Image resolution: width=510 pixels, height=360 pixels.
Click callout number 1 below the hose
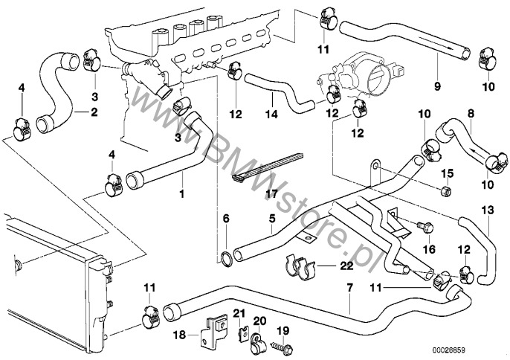180,194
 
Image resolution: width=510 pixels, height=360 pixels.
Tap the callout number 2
94,112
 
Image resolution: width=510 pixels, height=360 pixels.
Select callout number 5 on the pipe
272,219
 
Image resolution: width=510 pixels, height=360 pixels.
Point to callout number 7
349,285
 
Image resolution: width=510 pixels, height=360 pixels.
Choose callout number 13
487,210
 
